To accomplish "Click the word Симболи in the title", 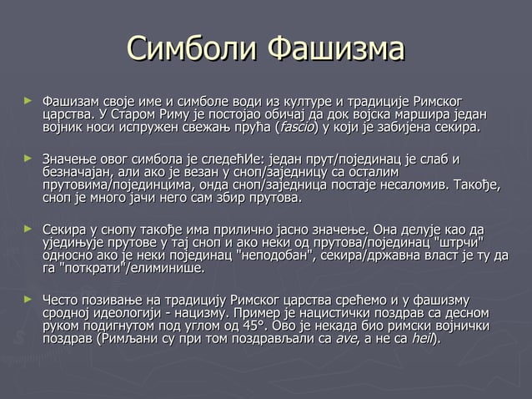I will click(192, 48).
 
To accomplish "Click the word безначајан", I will click(78, 171).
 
